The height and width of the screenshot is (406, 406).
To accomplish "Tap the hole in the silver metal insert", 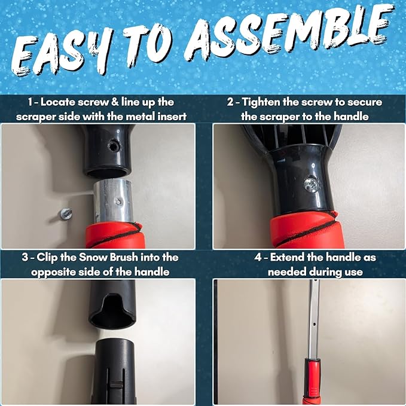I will point(119,201).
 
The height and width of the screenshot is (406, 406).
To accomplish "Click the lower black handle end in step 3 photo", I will point(114,371).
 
